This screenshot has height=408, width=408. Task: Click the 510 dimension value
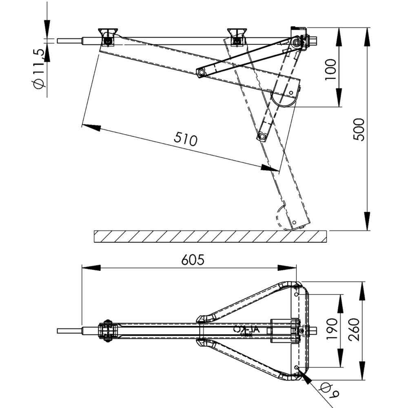(x=186, y=139)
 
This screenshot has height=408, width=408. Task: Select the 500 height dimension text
(x=359, y=129)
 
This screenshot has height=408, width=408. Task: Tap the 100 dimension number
(x=331, y=69)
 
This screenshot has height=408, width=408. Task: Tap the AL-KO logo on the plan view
(x=246, y=330)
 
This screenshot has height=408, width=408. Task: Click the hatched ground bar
(x=210, y=236)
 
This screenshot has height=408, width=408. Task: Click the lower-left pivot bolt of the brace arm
(x=201, y=72)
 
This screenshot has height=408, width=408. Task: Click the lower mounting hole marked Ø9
(x=297, y=368)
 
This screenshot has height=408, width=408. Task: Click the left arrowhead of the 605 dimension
(x=91, y=268)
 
